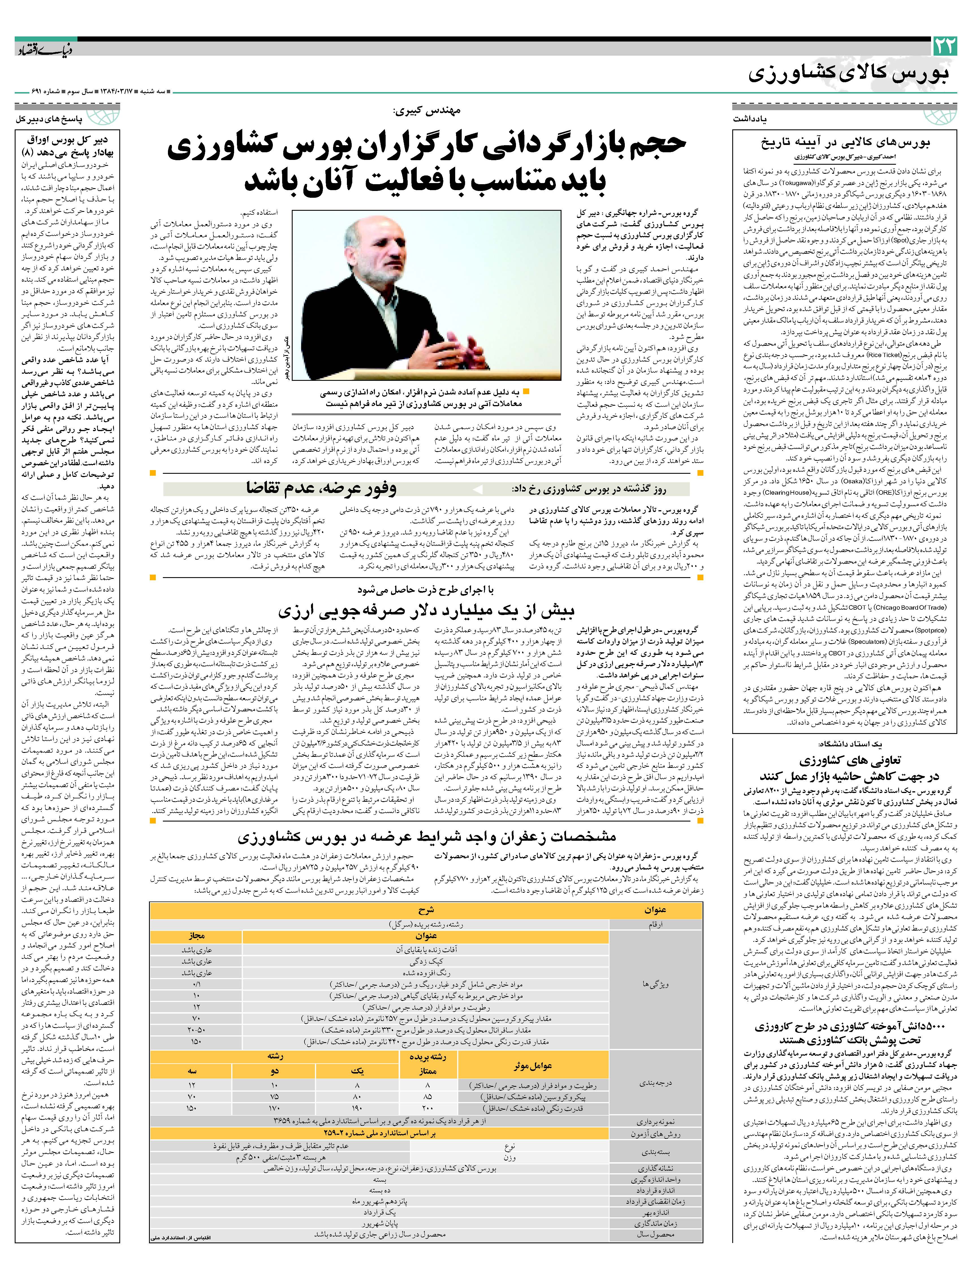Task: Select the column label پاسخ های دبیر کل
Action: pos(49,119)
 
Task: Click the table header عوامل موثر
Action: pos(532,1066)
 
